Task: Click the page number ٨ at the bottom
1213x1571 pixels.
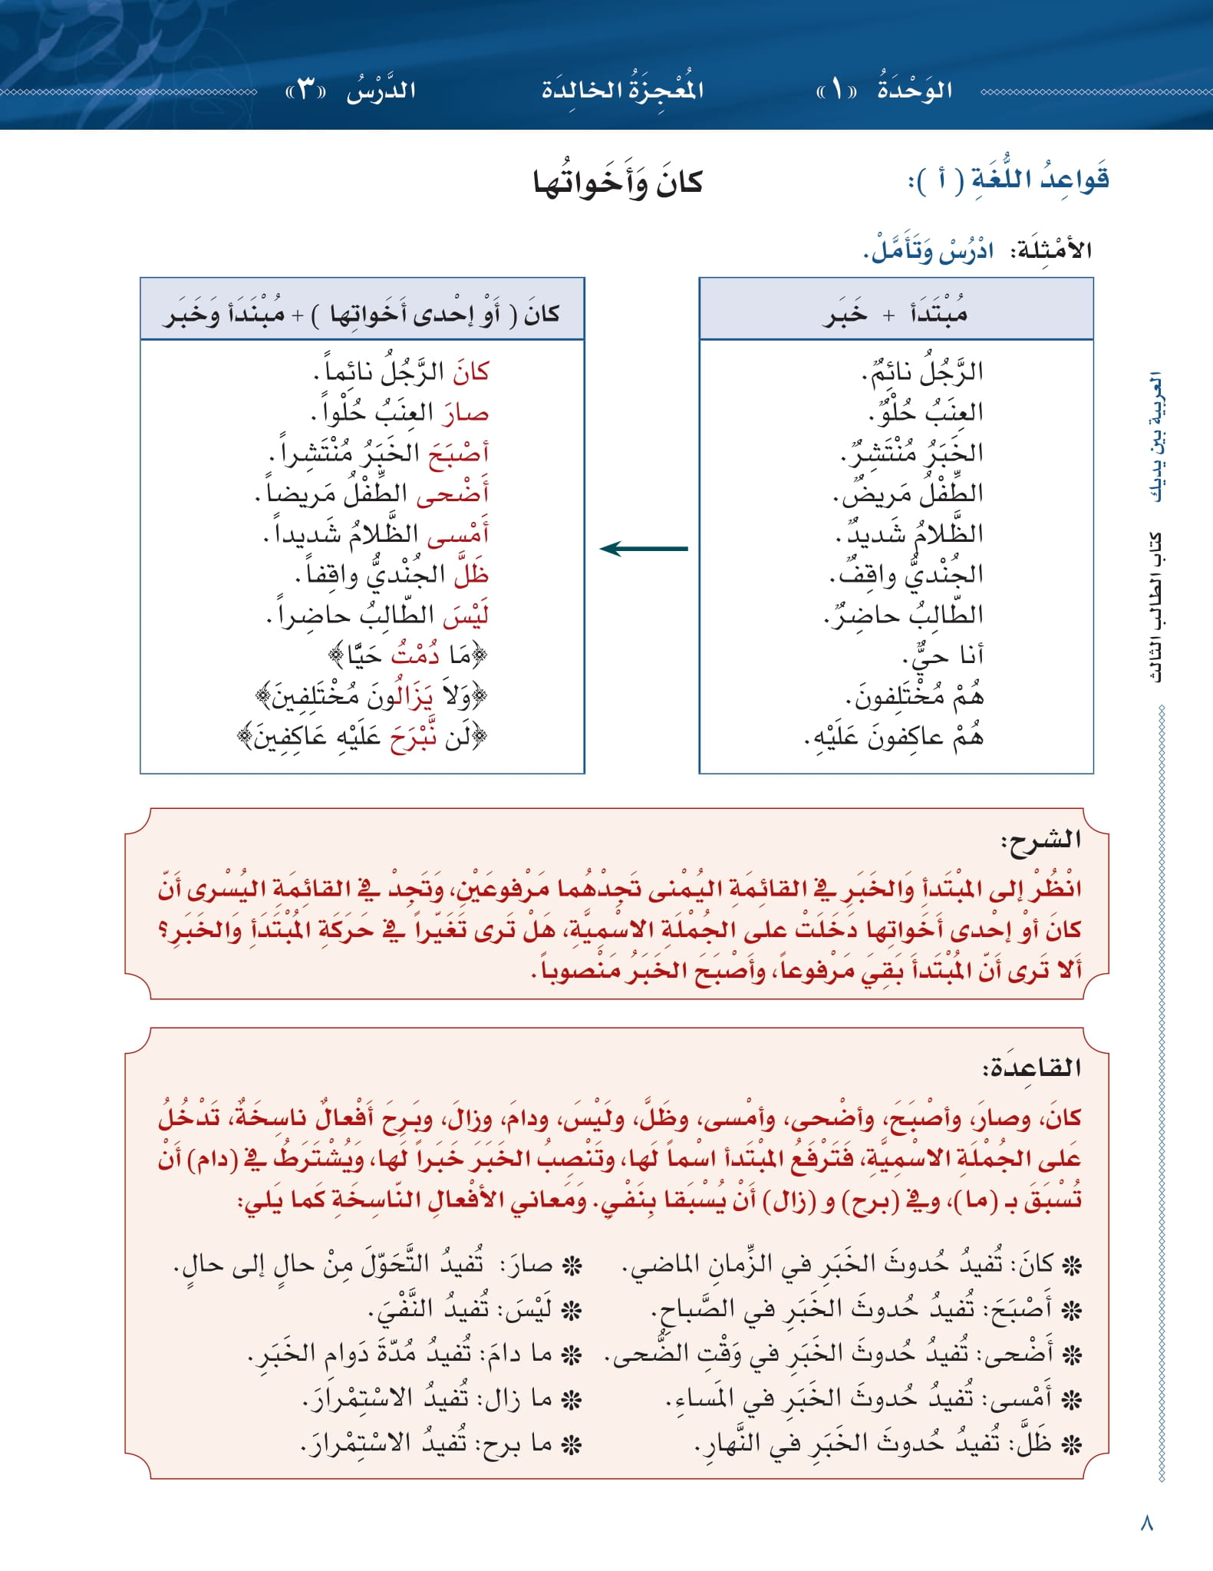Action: pyautogui.click(x=1147, y=1523)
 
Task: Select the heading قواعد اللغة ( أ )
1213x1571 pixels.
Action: pyautogui.click(x=1009, y=180)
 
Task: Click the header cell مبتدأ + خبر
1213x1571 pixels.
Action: pyautogui.click(x=895, y=313)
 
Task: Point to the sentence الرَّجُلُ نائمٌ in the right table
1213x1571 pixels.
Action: pyautogui.click(x=922, y=371)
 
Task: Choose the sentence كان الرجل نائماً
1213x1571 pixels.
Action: pyautogui.click(x=401, y=371)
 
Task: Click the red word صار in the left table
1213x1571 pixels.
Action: pyautogui.click(x=465, y=413)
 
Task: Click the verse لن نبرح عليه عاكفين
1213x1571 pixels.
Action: pyautogui.click(x=362, y=738)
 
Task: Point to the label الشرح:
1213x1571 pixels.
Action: pyautogui.click(x=1040, y=840)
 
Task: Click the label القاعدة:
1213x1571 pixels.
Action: pyautogui.click(x=1031, y=1067)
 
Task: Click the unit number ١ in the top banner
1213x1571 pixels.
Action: pyautogui.click(x=837, y=91)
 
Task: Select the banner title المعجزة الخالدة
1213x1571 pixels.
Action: pyautogui.click(x=622, y=90)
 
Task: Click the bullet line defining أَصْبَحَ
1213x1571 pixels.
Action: pyautogui.click(x=865, y=1309)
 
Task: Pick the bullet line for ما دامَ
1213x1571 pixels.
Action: pyautogui.click(x=414, y=1355)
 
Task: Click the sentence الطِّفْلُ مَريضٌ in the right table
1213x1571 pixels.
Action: pyautogui.click(x=908, y=493)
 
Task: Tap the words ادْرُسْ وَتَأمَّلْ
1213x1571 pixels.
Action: pyautogui.click(x=928, y=250)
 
